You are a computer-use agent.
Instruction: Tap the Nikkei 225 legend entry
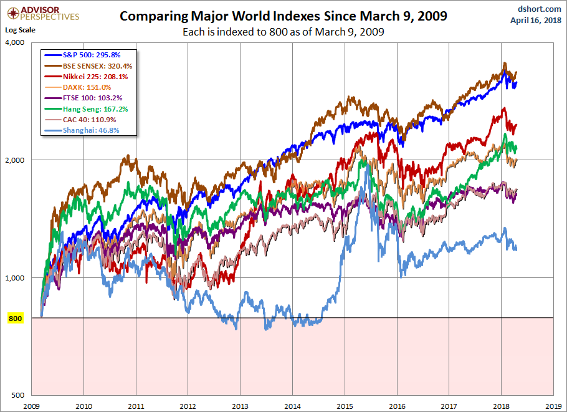tap(91, 77)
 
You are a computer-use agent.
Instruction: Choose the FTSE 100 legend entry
tap(90, 98)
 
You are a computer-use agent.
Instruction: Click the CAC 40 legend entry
tap(87, 119)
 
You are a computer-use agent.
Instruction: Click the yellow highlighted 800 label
tap(15, 319)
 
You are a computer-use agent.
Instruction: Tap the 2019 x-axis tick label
tap(553, 405)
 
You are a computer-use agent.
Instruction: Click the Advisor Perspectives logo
tap(44, 13)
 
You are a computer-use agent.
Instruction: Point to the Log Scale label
tap(21, 30)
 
